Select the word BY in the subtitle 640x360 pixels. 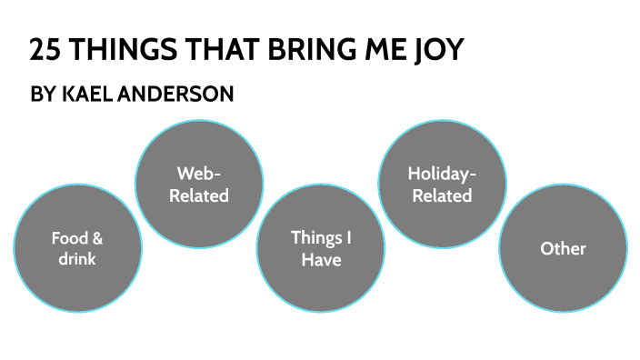43,95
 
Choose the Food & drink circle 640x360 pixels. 77,248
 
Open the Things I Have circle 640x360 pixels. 321,248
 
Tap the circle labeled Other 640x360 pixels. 564,248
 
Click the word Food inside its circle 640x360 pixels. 70,239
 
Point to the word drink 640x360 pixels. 77,259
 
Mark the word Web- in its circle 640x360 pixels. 199,173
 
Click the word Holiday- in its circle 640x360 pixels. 442,173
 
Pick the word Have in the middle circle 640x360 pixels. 321,259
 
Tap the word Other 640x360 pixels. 564,248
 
